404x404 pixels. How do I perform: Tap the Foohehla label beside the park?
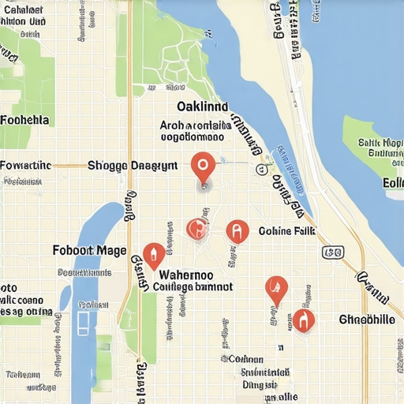click(x=24, y=120)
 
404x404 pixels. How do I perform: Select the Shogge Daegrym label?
click(x=132, y=166)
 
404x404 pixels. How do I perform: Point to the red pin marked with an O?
click(x=203, y=166)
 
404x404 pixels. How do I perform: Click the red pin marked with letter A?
click(x=237, y=231)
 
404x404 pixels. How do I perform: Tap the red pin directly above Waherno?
click(x=154, y=255)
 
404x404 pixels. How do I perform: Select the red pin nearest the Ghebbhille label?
click(x=303, y=320)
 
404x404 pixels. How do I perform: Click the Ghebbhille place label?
click(x=366, y=320)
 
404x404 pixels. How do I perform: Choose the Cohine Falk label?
click(x=286, y=231)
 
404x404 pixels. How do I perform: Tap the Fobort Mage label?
click(x=89, y=250)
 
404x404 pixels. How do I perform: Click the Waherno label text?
click(x=191, y=275)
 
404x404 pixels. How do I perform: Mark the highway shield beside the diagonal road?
click(x=333, y=252)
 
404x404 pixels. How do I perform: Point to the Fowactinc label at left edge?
click(x=25, y=166)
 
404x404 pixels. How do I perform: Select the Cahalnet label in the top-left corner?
click(x=23, y=9)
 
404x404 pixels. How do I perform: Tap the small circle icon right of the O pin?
click(x=260, y=169)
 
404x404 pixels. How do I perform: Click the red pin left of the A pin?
click(x=196, y=229)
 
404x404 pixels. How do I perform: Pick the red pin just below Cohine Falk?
click(x=275, y=289)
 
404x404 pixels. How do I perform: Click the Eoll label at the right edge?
click(x=392, y=183)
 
